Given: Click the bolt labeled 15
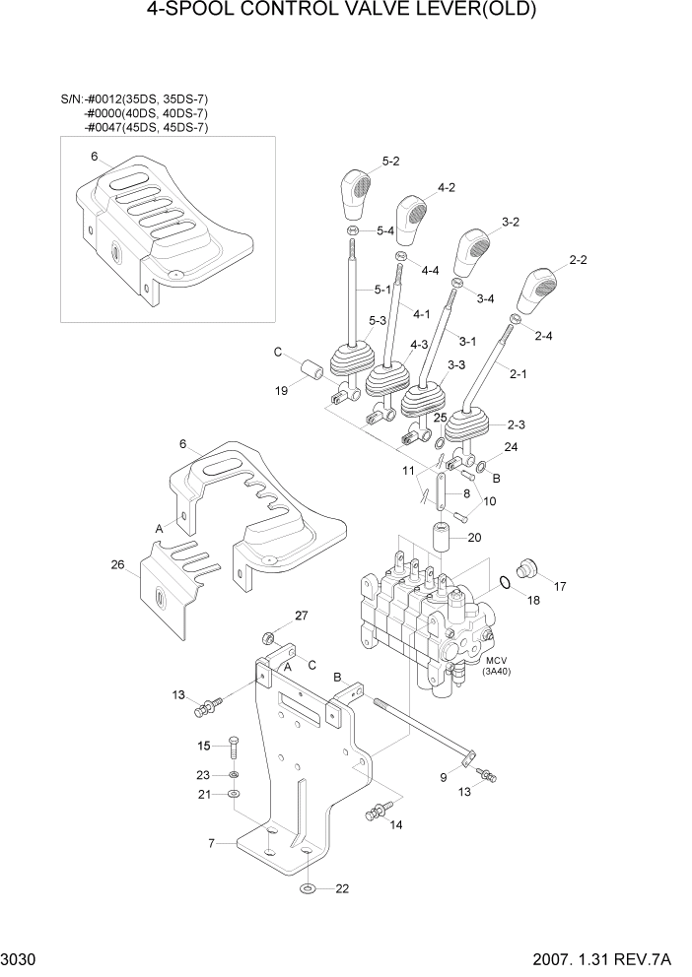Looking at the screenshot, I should (233, 747).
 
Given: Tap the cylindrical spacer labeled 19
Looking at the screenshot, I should (314, 374).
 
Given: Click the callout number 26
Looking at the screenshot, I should (118, 565).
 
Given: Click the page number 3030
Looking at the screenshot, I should (21, 958).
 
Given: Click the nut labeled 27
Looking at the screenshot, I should (268, 634).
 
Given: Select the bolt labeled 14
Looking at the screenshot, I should (375, 814).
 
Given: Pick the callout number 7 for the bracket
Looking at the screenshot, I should (210, 843).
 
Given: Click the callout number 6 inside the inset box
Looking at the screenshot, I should (94, 157).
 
